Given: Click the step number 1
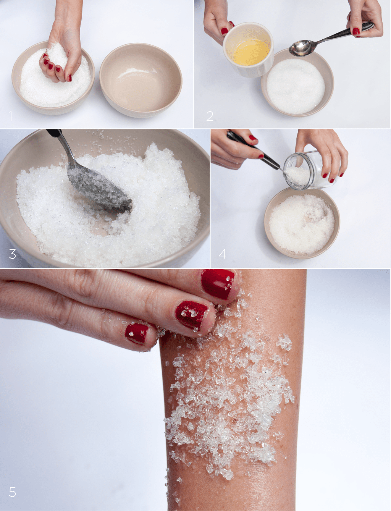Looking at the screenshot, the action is [x=11, y=116].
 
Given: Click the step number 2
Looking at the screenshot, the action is [x=210, y=116].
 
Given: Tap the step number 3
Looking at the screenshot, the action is [x=12, y=254].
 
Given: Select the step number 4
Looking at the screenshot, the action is [x=223, y=254].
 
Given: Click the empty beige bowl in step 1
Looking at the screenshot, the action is [x=141, y=80].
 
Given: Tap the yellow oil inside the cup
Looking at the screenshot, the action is [x=251, y=52].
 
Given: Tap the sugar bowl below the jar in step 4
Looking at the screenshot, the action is [x=302, y=223].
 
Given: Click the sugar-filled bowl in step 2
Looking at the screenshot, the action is [x=297, y=83].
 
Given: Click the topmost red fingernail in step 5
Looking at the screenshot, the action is [x=218, y=284].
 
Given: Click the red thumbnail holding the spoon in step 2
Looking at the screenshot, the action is [x=356, y=31].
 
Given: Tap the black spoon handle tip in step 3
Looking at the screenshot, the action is [x=54, y=132].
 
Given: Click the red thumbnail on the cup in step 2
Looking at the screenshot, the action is [x=225, y=31].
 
